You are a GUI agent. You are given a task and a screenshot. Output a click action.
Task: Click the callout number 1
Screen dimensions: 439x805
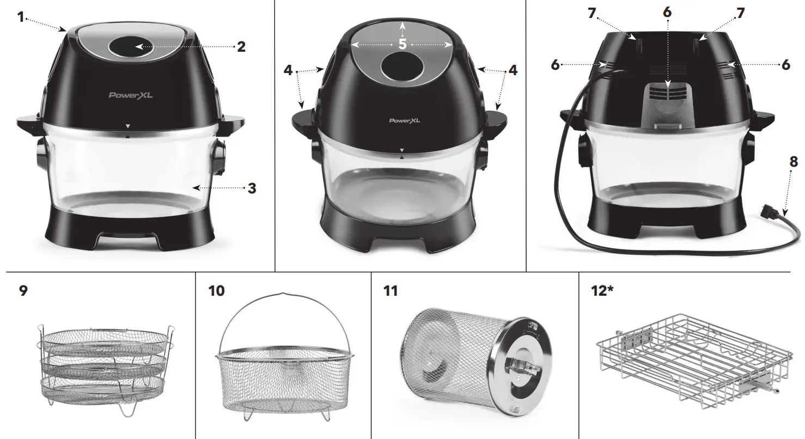click(x=21, y=17)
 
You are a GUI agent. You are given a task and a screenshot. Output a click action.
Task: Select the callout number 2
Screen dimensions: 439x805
click(x=241, y=47)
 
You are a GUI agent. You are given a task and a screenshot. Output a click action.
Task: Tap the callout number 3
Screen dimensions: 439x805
click(x=252, y=188)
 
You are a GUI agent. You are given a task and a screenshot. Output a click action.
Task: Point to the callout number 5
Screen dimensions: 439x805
click(x=402, y=44)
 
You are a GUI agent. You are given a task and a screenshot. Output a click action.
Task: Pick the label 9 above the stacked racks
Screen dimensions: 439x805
click(x=23, y=291)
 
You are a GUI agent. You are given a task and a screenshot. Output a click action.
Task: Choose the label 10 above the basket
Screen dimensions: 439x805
click(x=216, y=291)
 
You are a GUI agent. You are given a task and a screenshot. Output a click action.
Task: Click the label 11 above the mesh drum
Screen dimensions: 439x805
click(x=390, y=291)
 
